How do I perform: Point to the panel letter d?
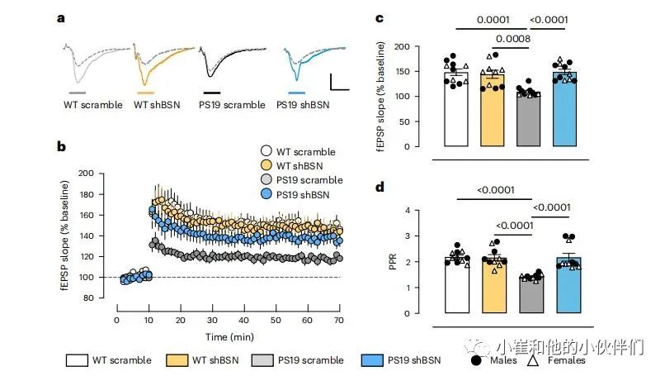coord(380,187)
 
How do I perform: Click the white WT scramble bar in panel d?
coord(456,286)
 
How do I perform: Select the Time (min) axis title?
coord(228,337)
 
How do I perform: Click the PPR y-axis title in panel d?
coord(393,263)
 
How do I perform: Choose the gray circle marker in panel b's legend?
coord(266,180)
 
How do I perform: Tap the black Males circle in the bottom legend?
coord(477,359)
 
